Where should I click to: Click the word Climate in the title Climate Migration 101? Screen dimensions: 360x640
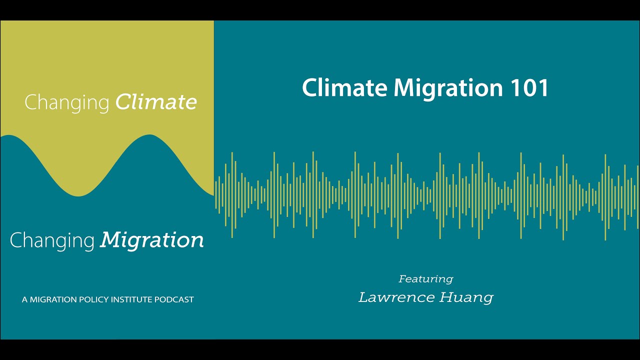click(344, 88)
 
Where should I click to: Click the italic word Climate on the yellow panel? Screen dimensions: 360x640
click(156, 102)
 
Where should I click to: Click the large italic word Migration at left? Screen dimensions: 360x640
click(152, 240)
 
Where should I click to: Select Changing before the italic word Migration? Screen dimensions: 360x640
click(52, 241)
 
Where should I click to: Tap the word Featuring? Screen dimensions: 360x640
click(425, 279)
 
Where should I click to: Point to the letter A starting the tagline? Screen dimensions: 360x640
click(24, 300)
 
